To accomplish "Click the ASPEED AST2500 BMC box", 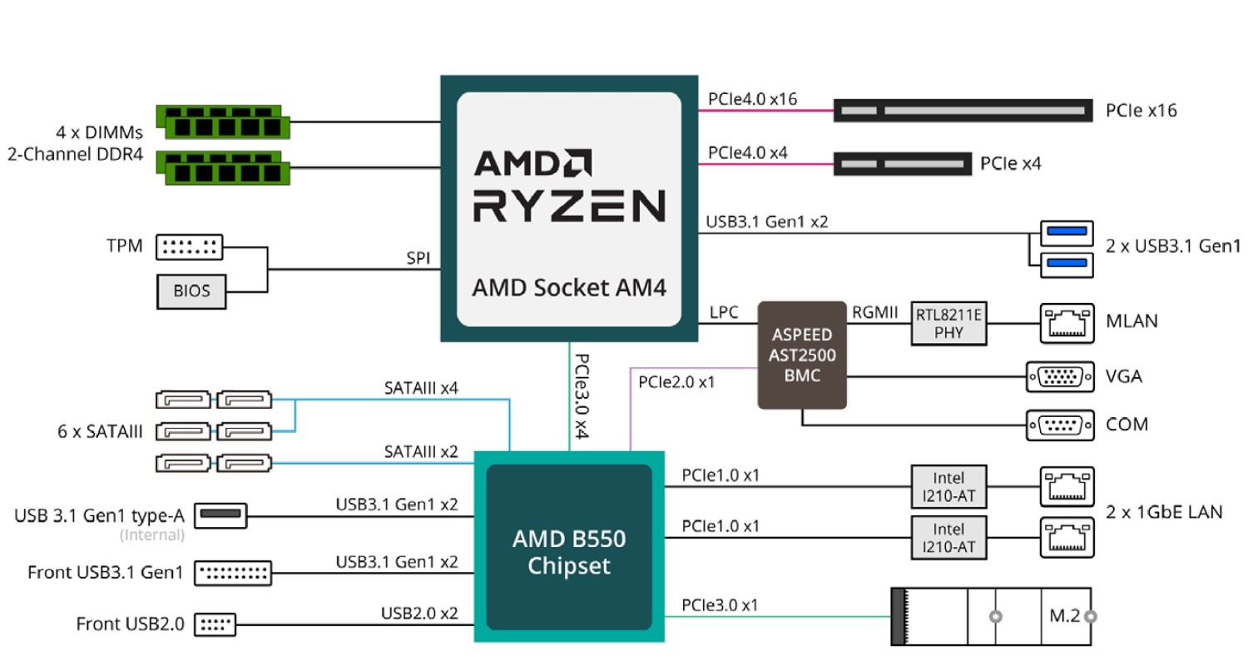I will (801, 355).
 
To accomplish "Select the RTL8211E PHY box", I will (948, 322).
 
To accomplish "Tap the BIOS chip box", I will (191, 291).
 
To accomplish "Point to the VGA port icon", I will (1060, 376).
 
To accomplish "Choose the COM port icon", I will (1060, 425).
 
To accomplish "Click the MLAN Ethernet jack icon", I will (1067, 322).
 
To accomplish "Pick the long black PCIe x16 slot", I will (963, 110).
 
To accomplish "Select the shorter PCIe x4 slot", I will (903, 164).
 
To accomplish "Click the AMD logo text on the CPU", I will (533, 163).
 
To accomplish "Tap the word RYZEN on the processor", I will (569, 206).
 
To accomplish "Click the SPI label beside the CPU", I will (418, 259).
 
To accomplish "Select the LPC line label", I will (723, 312).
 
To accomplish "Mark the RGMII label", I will (875, 312).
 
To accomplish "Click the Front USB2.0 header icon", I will (215, 623).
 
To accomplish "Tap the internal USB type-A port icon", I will (222, 516).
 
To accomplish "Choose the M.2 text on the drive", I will (1064, 617).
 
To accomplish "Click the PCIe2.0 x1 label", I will (676, 383).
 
